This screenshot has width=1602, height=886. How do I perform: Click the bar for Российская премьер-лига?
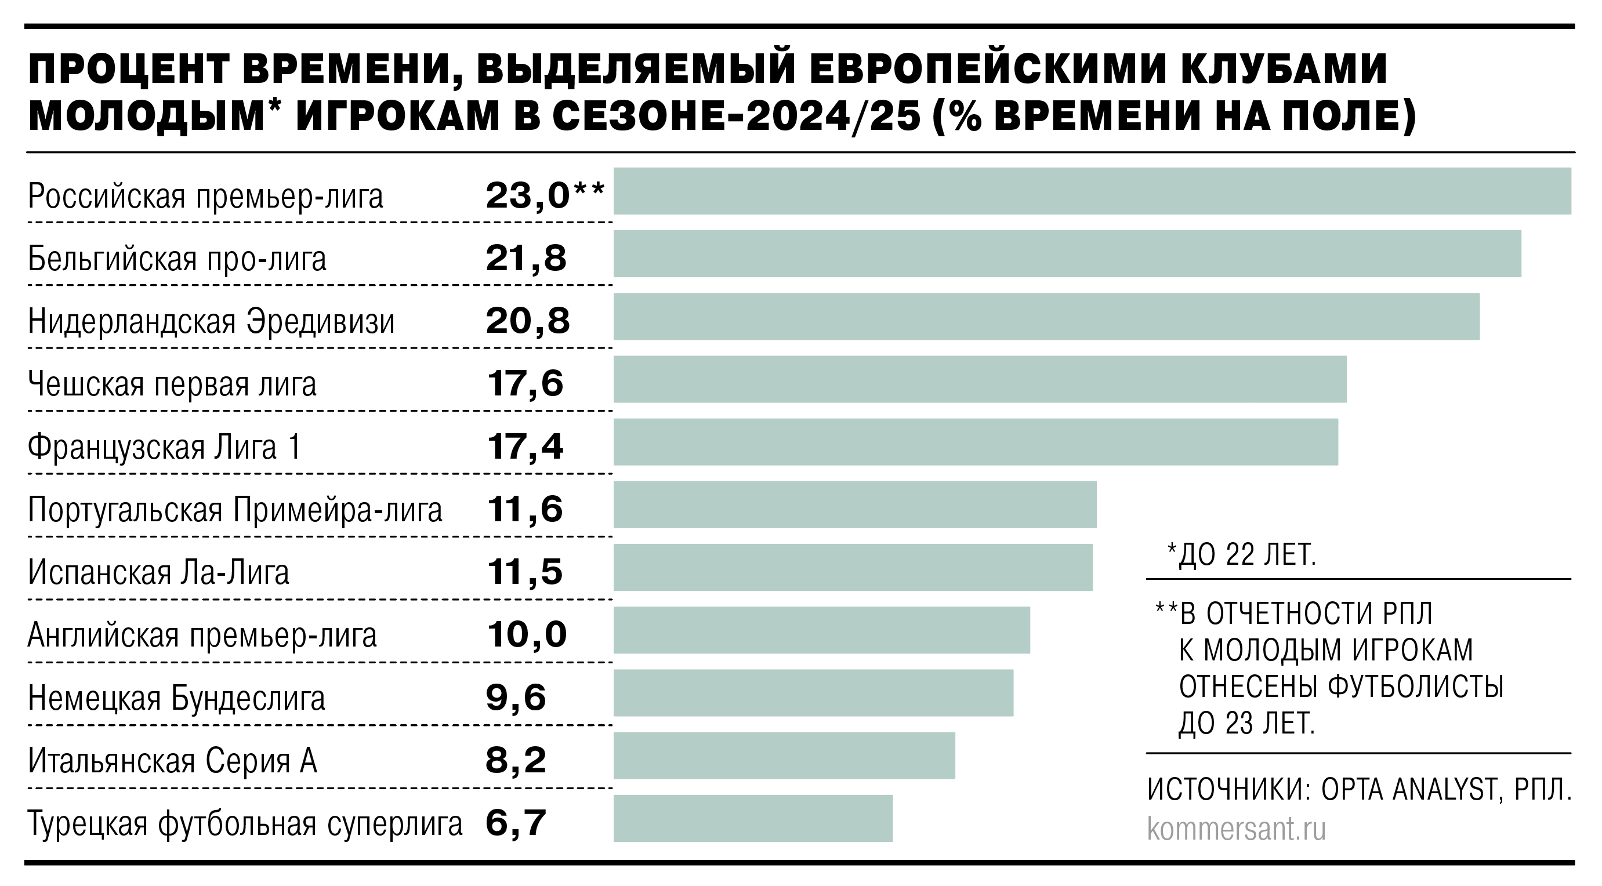click(1092, 191)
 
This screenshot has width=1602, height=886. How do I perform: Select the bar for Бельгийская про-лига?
click(1067, 253)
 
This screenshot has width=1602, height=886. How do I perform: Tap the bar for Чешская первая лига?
click(980, 379)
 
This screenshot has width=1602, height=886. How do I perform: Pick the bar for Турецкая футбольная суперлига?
click(752, 818)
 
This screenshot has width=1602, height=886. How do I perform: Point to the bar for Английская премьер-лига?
click(821, 630)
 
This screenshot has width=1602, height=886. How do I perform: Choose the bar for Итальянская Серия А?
click(784, 756)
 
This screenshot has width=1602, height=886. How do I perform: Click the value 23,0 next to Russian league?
click(527, 196)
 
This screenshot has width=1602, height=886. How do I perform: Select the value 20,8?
click(527, 321)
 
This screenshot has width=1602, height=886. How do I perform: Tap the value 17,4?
click(525, 447)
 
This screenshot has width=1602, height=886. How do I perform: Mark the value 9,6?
click(516, 698)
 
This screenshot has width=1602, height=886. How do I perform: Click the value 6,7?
click(516, 823)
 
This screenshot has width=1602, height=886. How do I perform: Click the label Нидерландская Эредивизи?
click(212, 322)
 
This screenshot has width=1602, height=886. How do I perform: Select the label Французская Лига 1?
click(165, 447)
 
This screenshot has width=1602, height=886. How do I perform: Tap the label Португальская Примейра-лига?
click(235, 510)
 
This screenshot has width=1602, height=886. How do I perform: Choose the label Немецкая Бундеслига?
click(177, 698)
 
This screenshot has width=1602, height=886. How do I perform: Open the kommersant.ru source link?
click(1237, 829)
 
